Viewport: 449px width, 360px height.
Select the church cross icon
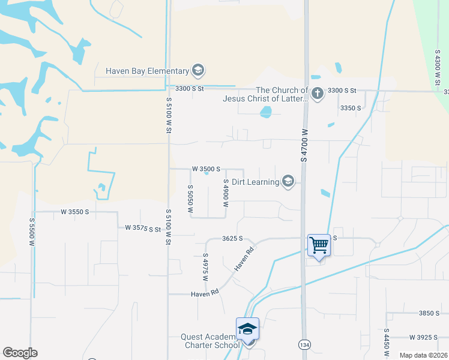(318, 93)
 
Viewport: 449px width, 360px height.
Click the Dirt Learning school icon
(288, 181)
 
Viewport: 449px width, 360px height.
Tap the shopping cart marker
(319, 245)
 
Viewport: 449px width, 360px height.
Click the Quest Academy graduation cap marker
(247, 329)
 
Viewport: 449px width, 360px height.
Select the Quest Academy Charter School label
(211, 341)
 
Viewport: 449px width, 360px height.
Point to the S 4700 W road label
(304, 145)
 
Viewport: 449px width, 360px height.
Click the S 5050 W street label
(189, 199)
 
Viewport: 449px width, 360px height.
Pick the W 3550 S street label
(74, 212)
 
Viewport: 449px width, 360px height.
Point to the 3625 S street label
(232, 238)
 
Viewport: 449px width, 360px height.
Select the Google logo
(20, 353)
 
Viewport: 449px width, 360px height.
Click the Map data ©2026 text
(423, 355)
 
